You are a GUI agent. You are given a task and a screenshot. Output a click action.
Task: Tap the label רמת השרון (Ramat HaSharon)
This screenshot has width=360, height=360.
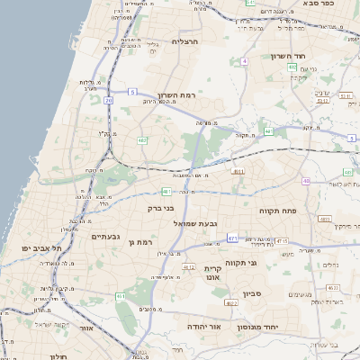coord(176,95)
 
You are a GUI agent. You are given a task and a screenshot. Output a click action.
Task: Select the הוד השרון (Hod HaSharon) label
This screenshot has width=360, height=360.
coord(290,56)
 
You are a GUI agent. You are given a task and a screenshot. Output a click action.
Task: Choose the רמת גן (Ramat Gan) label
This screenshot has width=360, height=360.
coord(144,242)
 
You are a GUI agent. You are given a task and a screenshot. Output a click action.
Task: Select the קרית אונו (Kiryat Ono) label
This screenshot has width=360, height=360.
coord(213,273)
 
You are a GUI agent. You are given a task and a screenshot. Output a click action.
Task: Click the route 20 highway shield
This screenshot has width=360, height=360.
coord(109,100)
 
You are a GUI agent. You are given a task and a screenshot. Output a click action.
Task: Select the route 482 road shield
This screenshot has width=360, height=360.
coord(142,140)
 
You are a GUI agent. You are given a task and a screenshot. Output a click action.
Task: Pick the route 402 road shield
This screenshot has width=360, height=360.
coord(292,79)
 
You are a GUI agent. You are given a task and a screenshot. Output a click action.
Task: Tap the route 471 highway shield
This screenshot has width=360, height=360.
coord(232,238)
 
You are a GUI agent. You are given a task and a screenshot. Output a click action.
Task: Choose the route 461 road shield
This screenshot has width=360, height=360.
coord(121,295)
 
